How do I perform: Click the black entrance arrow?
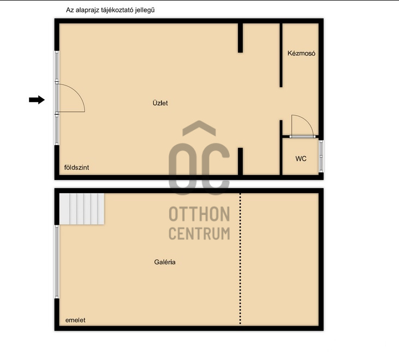[37, 100]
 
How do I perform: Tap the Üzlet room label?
[160, 103]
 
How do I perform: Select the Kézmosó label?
[301, 53]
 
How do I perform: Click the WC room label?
[301, 159]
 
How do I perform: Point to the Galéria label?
[165, 262]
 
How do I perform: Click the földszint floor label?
[76, 167]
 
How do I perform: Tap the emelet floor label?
[75, 320]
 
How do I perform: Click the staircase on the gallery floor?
[82, 209]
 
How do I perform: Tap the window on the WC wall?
[321, 157]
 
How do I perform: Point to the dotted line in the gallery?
[240, 259]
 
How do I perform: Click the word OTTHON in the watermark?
[200, 214]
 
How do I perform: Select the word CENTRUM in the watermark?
[200, 233]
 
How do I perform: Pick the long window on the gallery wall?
[57, 262]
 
